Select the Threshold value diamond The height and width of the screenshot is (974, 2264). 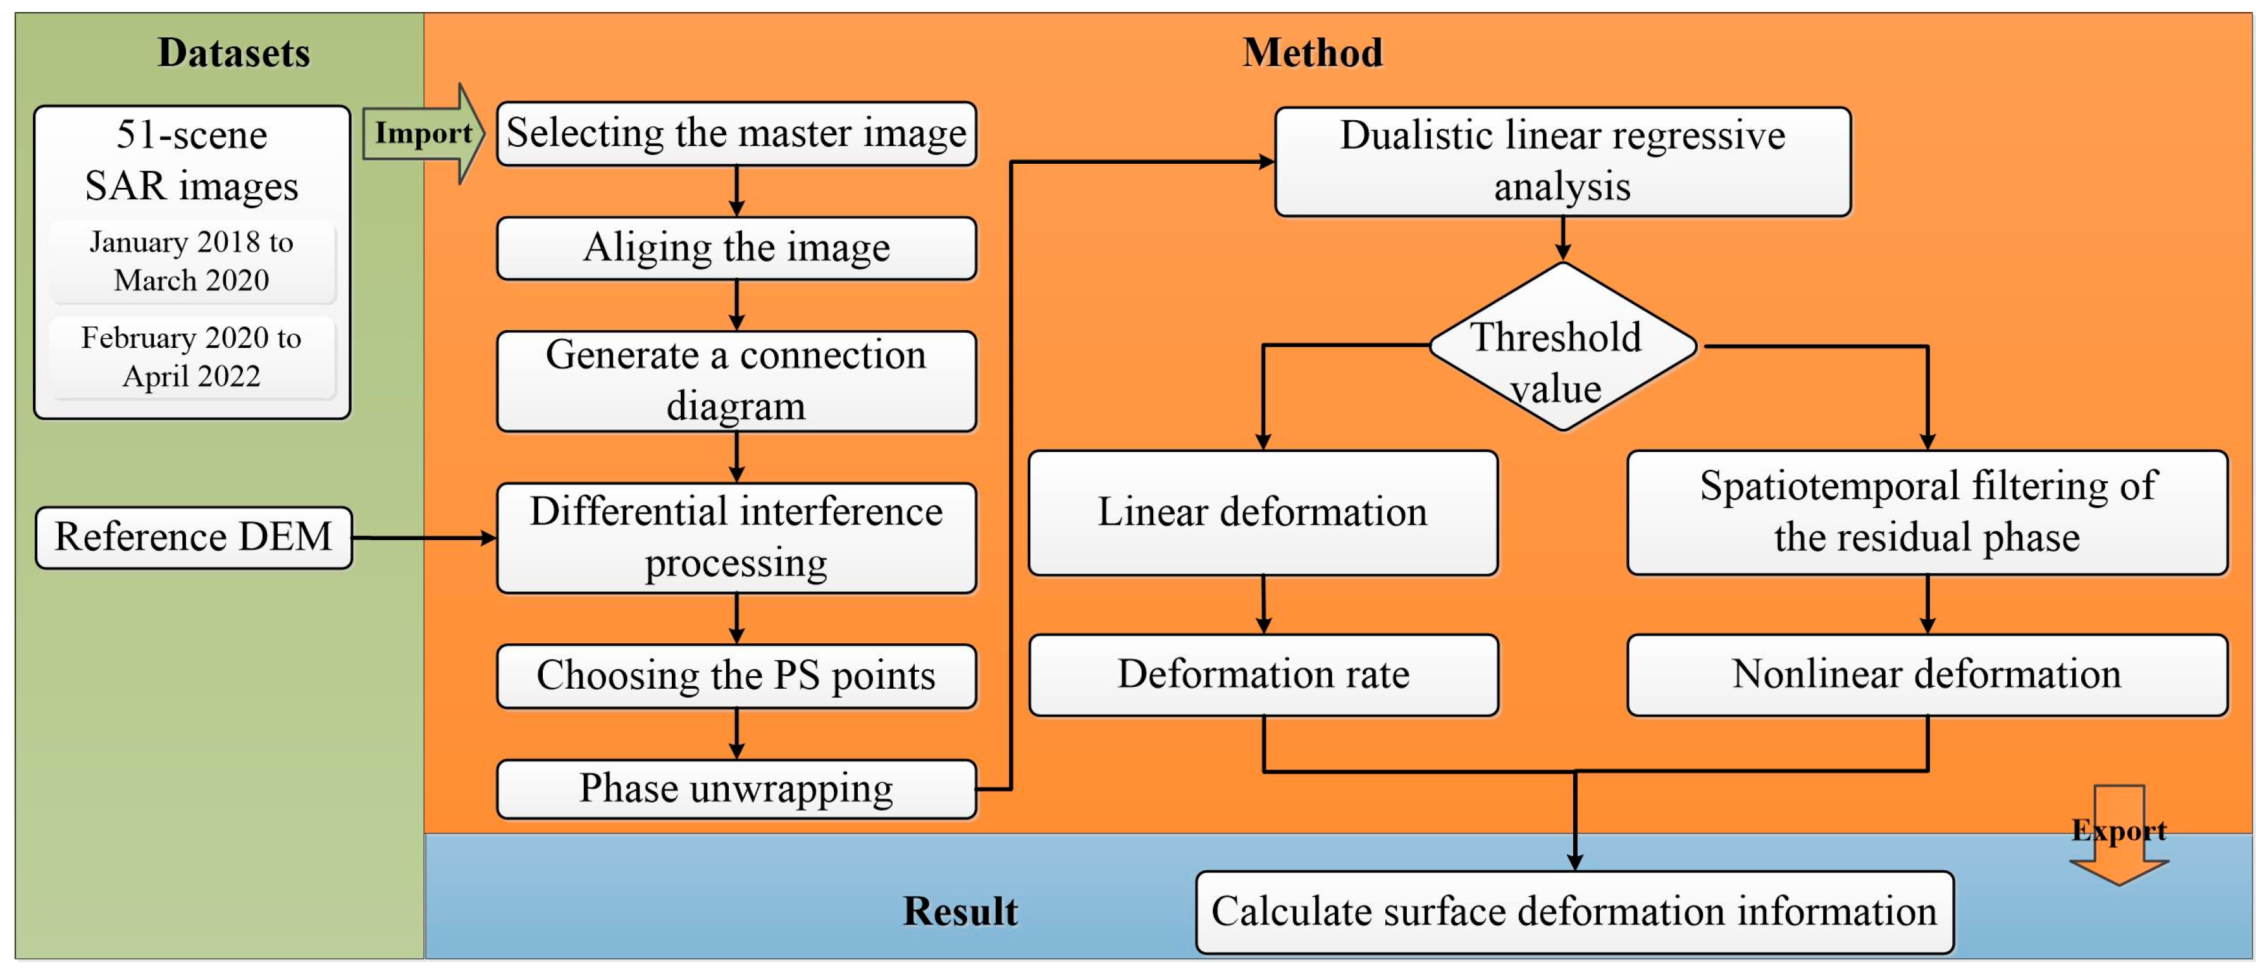pos(1562,347)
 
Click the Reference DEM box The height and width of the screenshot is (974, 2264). pos(194,537)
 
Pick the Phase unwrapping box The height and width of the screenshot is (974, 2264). pos(736,789)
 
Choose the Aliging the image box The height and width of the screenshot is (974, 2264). pos(736,248)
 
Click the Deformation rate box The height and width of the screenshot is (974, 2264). pos(1263,675)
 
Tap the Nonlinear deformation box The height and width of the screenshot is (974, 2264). pos(1926,675)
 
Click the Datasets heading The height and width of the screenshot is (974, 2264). pos(234,52)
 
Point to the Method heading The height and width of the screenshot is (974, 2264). pos(1312,52)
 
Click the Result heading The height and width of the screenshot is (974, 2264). pos(960,911)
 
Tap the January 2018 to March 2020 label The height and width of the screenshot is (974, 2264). pos(192,261)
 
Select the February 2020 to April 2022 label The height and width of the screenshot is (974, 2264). pos(192,357)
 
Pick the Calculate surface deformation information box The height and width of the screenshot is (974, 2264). pos(1574,911)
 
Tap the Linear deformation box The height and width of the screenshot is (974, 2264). pos(1263,512)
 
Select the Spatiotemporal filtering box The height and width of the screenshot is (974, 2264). pos(1926,512)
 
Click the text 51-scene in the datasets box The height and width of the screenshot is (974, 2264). pos(192,135)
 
